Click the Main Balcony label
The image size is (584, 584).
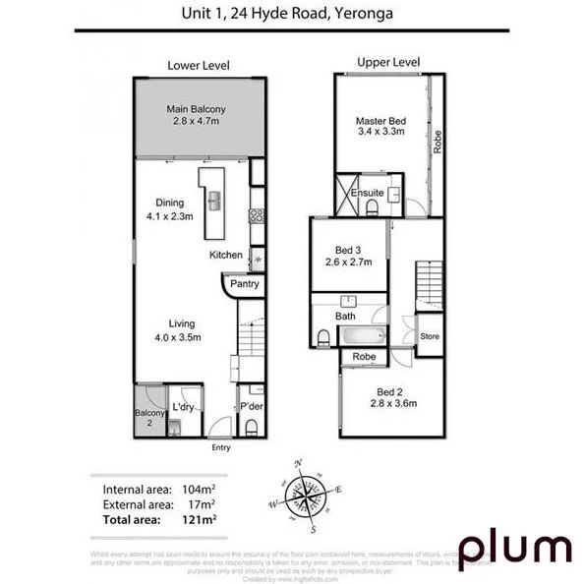(193, 115)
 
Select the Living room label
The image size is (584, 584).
(182, 329)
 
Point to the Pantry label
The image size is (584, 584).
(245, 284)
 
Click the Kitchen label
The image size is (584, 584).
(225, 255)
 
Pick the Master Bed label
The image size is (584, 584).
(380, 127)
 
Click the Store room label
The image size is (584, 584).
(430, 336)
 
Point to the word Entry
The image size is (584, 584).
(221, 448)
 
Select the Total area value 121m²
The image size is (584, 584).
(199, 518)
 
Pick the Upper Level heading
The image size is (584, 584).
(388, 62)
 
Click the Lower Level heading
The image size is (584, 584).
(199, 65)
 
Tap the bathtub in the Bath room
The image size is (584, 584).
(363, 336)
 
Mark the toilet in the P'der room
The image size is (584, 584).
(252, 426)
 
